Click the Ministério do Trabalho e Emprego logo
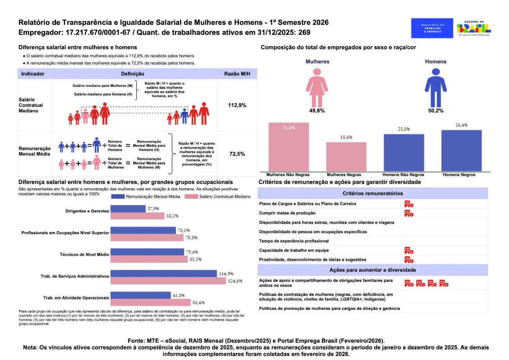click(x=432, y=28)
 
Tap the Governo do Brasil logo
click(x=474, y=28)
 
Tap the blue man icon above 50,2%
click(x=436, y=87)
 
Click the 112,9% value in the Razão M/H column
click(x=237, y=105)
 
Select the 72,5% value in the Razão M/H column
click(x=237, y=154)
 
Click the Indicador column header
click(x=33, y=74)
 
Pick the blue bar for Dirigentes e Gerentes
click(x=128, y=209)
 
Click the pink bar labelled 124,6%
click(x=168, y=281)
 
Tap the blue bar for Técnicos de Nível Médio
click(x=147, y=252)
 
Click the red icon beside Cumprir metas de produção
click(x=409, y=213)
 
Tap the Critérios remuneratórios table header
click(x=373, y=193)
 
